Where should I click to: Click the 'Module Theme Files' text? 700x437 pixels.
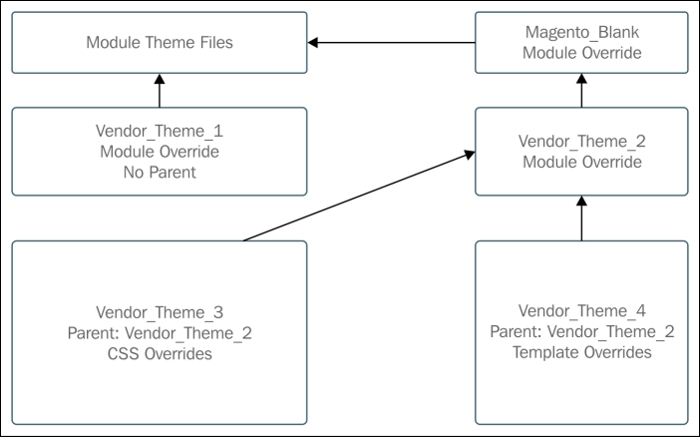tap(160, 43)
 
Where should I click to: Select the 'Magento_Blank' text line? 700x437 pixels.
tap(580, 33)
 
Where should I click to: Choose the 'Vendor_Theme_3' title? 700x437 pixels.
tap(160, 311)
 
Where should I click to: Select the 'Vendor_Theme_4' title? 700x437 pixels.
tap(580, 311)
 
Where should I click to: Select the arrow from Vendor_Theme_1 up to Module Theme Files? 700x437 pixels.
tap(160, 93)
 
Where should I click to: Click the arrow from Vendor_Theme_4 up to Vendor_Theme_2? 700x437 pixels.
tap(580, 218)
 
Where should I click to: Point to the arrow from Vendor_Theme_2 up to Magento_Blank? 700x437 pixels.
tap(580, 93)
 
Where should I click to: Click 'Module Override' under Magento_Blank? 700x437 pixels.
tap(580, 52)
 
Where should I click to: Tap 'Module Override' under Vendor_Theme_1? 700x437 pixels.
tap(160, 153)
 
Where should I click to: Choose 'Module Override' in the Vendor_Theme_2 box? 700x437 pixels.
tap(580, 162)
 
